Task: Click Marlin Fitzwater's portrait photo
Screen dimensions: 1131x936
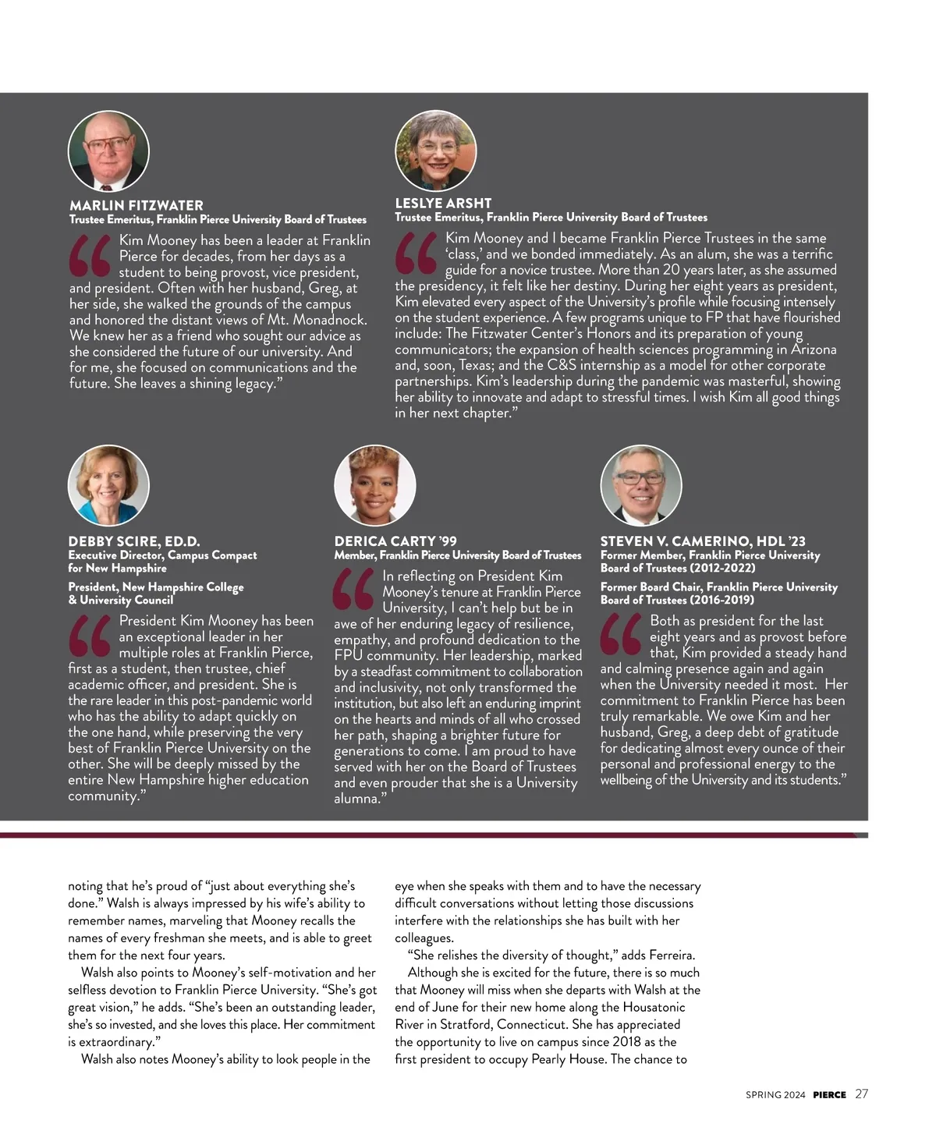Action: [x=108, y=151]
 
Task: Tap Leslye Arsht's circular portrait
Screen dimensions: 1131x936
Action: [x=435, y=151]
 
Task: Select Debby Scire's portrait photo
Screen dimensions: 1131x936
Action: [x=108, y=485]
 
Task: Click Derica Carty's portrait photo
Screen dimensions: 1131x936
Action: [x=374, y=485]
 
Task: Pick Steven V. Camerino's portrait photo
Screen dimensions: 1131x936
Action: [x=640, y=485]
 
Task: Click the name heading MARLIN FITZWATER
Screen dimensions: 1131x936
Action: [x=136, y=205]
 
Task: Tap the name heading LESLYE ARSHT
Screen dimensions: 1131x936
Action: [x=442, y=203]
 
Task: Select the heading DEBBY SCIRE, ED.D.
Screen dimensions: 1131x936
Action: [x=133, y=541]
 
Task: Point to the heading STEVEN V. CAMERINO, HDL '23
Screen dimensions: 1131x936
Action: [x=702, y=541]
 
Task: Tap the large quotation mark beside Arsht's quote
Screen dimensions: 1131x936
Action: [x=417, y=254]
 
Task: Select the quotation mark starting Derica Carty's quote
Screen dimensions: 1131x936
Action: [x=354, y=590]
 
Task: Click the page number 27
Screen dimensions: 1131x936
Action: [x=861, y=1094]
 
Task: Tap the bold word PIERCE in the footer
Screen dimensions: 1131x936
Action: [x=829, y=1095]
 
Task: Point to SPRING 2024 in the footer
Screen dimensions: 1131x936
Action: [x=775, y=1095]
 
